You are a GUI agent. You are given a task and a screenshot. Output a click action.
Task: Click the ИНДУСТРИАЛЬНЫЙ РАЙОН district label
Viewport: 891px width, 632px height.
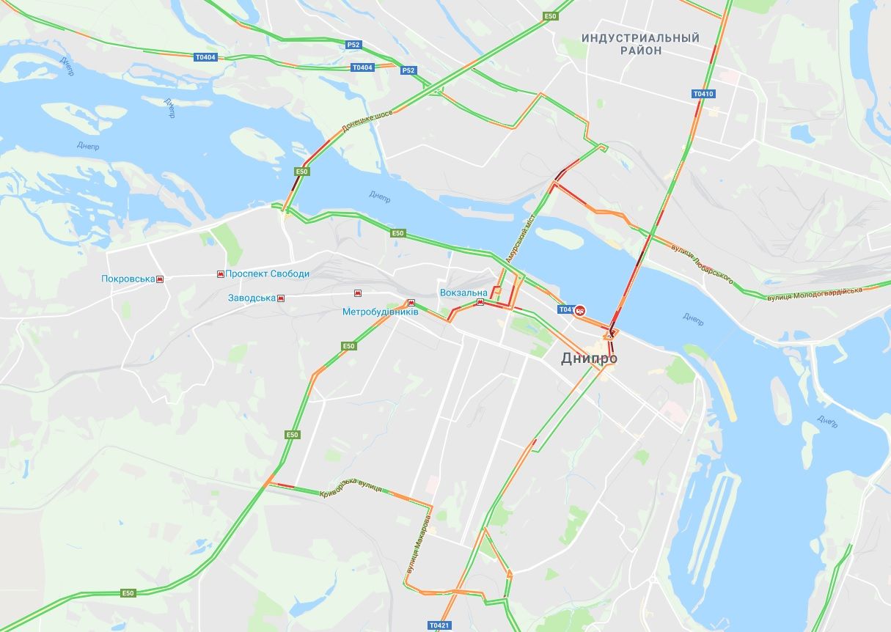click(x=640, y=44)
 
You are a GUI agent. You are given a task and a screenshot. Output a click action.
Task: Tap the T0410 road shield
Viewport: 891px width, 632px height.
click(x=703, y=94)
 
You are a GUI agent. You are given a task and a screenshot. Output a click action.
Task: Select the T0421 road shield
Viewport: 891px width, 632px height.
click(x=439, y=625)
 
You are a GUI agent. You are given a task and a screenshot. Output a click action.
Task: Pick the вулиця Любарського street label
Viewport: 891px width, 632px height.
click(x=702, y=265)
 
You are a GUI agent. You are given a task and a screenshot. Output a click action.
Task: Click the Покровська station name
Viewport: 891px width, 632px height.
click(x=128, y=279)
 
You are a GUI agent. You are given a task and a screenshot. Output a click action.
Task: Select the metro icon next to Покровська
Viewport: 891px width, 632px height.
click(x=160, y=279)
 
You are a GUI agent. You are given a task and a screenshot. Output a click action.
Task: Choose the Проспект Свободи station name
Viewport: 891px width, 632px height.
click(x=268, y=273)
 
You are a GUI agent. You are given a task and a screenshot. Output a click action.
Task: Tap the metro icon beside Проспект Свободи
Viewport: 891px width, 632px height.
click(x=220, y=273)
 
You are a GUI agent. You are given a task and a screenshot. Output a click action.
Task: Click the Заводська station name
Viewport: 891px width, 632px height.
click(x=252, y=298)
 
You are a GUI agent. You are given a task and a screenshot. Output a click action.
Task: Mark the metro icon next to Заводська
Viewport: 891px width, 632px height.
click(x=280, y=298)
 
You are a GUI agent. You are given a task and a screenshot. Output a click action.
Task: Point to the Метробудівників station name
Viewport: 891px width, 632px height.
click(x=380, y=312)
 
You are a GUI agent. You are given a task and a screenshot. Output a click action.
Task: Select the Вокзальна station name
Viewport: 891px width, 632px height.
click(x=463, y=293)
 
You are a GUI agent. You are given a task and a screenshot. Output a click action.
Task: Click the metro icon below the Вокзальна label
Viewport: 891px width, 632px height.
click(x=480, y=302)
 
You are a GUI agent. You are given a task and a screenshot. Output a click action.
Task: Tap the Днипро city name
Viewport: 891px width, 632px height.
click(x=589, y=358)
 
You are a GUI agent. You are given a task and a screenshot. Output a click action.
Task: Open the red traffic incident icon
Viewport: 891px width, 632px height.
click(x=580, y=310)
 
